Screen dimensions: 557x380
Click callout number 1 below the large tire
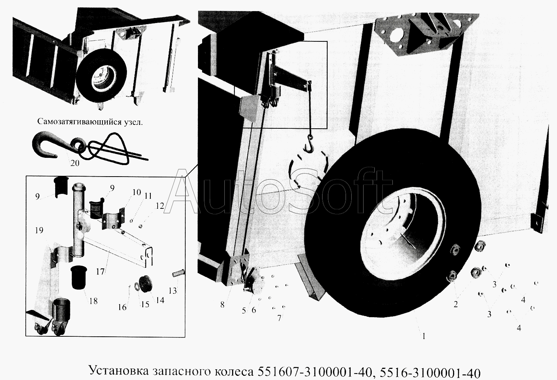tap(424, 336)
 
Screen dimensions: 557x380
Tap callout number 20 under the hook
tap(75, 163)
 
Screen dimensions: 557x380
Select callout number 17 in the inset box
tap(101, 272)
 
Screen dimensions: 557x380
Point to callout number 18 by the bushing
tap(93, 301)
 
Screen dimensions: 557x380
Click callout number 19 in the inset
tap(39, 230)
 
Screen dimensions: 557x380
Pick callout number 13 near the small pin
tap(173, 291)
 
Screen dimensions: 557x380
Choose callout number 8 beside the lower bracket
tap(222, 305)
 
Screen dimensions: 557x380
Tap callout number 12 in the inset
tap(160, 206)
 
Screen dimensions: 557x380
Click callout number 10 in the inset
tap(137, 192)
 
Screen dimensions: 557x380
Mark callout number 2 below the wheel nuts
tap(456, 304)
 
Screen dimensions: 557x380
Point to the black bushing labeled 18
tap(79, 277)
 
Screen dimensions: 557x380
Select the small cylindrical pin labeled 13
tap(178, 272)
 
